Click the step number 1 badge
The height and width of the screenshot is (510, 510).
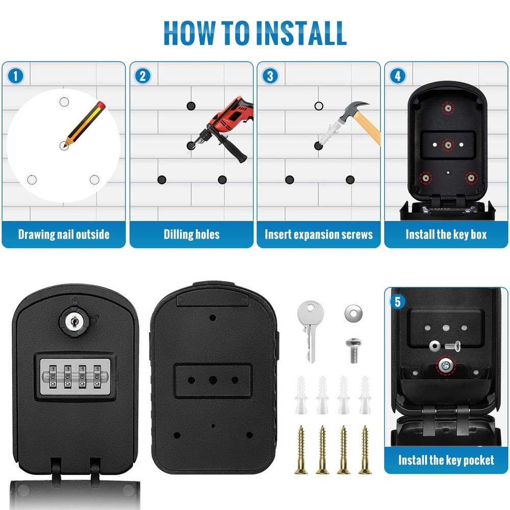15,76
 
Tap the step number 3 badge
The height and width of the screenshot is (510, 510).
270,76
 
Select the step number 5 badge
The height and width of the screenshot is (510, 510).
397,301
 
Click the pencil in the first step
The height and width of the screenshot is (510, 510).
85,124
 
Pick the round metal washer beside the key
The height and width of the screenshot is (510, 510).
353,313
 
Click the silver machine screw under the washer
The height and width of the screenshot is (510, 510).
353,350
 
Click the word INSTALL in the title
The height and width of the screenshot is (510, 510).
301,33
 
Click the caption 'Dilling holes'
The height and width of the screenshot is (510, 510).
192,235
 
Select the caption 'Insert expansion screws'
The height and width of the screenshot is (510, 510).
319,235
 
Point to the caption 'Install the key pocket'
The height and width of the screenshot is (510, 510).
446,460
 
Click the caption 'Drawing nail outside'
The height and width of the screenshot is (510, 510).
64,235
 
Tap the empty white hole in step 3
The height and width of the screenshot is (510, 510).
319,106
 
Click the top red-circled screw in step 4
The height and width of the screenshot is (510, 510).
448,108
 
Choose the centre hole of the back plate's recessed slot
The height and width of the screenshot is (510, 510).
213,380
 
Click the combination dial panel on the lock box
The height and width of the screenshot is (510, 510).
75,377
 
